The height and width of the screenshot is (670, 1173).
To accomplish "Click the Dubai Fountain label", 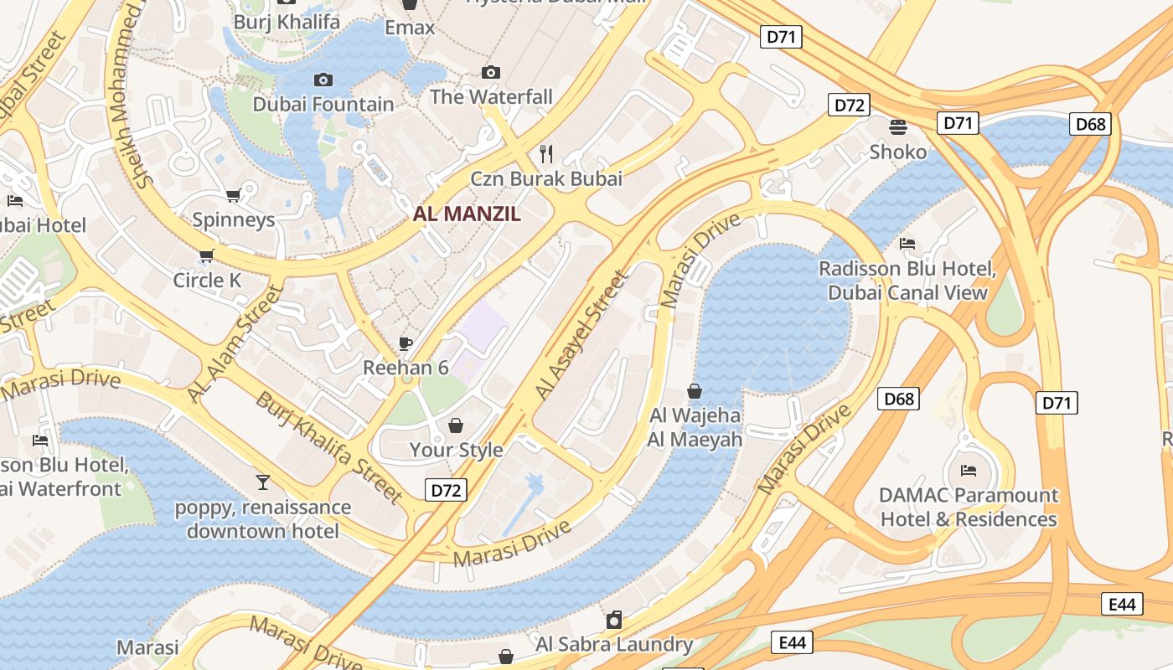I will (x=323, y=105).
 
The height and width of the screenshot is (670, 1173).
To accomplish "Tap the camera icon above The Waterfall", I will (x=491, y=73).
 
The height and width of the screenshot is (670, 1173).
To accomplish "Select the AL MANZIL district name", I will (x=467, y=214).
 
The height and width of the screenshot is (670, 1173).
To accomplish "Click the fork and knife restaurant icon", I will (x=546, y=153).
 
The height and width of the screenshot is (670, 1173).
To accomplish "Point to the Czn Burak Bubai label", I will (x=546, y=178).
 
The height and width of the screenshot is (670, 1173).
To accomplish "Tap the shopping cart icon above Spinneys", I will (x=233, y=195).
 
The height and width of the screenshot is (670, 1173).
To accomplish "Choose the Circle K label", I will (x=207, y=281).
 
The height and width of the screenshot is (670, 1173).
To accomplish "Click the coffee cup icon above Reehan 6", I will (x=406, y=343).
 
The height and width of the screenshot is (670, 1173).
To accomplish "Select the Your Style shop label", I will (x=456, y=450).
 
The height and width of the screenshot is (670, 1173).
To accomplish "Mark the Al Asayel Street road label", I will (x=581, y=335).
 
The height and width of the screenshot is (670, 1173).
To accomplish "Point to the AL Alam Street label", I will (x=235, y=343).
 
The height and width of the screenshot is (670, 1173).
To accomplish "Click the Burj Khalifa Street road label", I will (x=329, y=447).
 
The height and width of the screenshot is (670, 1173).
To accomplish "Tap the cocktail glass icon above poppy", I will (x=263, y=482).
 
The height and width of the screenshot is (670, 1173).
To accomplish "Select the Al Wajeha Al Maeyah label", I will (x=695, y=427).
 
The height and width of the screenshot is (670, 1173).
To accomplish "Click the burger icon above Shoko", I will (x=898, y=127).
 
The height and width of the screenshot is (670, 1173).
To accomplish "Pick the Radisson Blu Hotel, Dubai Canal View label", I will (x=907, y=281).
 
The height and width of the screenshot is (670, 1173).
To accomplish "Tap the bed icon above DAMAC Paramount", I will (x=969, y=471).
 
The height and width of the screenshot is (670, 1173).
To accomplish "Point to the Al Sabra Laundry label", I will (x=614, y=644).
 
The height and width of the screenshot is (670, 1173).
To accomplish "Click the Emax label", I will (x=410, y=28).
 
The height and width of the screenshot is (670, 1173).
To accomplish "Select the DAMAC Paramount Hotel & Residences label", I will (x=969, y=508).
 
